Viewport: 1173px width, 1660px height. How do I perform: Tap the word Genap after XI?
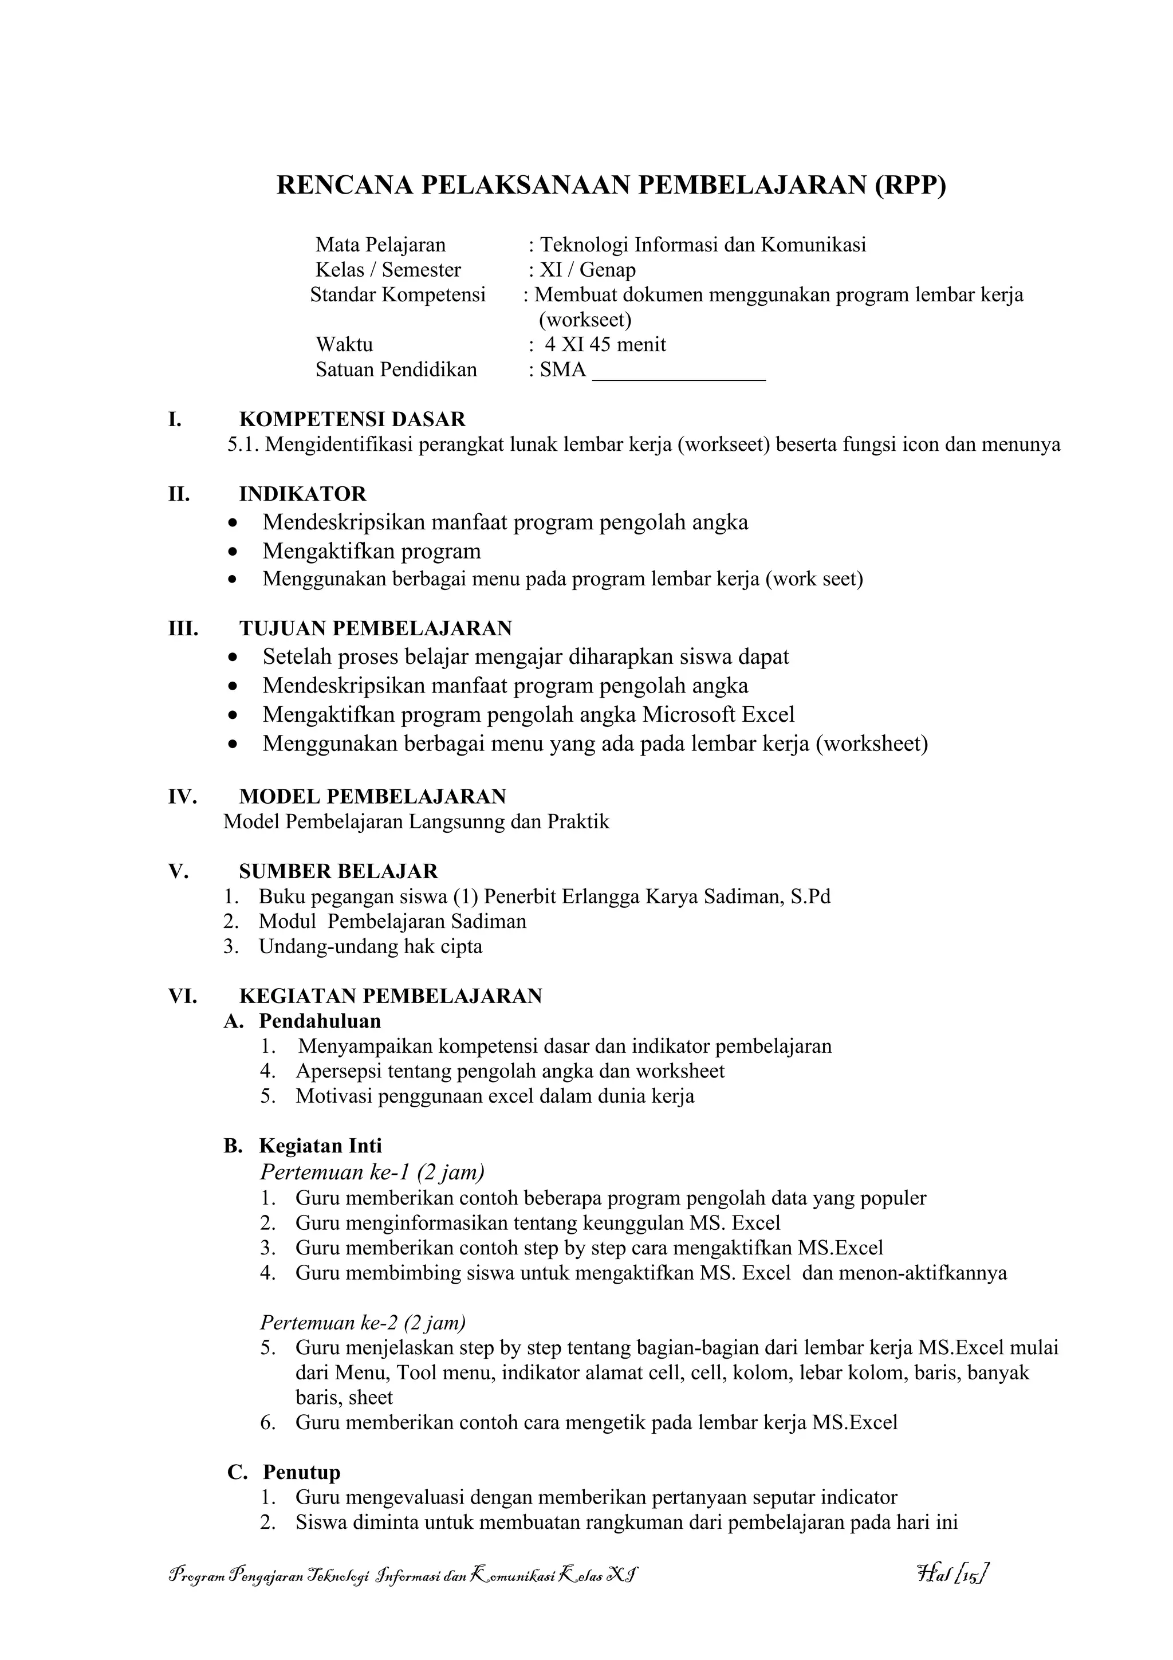[608, 270]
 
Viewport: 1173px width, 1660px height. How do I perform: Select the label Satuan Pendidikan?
[396, 370]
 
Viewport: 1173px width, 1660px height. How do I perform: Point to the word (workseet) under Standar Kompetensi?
[585, 320]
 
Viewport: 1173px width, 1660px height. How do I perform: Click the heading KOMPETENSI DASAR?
[352, 419]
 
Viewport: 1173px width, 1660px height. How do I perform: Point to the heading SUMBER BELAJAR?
[338, 871]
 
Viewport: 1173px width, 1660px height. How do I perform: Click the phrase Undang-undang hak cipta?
[371, 947]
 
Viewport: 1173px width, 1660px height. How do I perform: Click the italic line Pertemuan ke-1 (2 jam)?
[372, 1171]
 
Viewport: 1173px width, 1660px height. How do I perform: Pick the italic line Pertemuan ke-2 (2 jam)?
[363, 1323]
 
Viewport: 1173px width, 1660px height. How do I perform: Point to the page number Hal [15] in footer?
[952, 1574]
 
